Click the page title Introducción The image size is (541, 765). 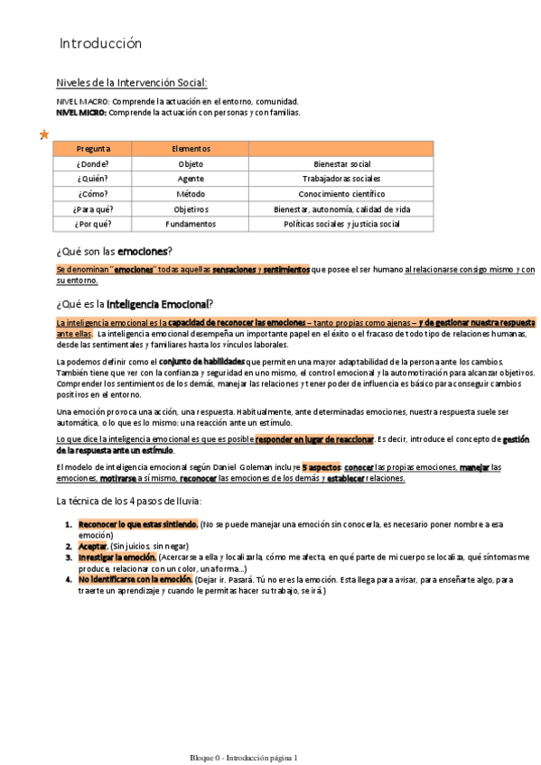pos(100,43)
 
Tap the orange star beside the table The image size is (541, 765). pos(43,134)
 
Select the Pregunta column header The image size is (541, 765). pos(94,149)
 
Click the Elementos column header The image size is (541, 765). pos(191,149)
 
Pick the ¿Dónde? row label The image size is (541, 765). pos(94,164)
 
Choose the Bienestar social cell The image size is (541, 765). pos(341,164)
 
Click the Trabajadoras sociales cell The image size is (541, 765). pos(341,179)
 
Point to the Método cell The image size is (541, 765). pos(191,194)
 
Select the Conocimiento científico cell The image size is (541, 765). pos(341,194)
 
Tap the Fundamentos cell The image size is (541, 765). pos(191,224)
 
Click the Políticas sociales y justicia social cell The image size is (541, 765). pos(341,224)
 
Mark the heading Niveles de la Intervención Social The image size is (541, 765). pos(132,83)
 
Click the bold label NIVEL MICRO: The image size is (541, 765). pos(81,113)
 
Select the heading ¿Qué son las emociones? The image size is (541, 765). pos(114,250)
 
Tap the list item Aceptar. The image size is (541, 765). pos(93,547)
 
